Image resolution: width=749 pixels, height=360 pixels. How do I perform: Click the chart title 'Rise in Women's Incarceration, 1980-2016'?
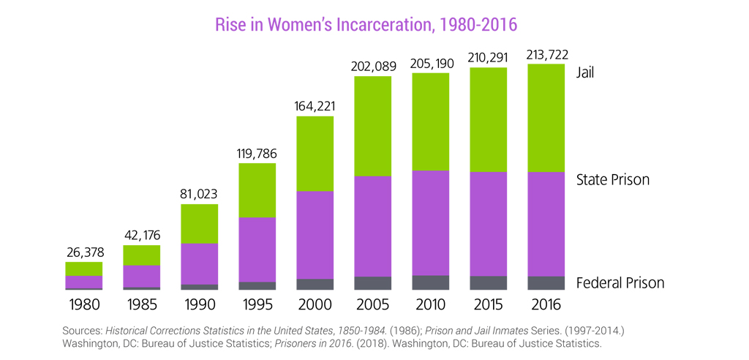pyautogui.click(x=366, y=23)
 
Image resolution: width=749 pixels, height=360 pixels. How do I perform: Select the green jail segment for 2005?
pyautogui.click(x=373, y=126)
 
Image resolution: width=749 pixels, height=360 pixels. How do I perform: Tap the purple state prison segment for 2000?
pyautogui.click(x=315, y=234)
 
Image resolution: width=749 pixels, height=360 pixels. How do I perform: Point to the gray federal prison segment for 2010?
pyautogui.click(x=431, y=282)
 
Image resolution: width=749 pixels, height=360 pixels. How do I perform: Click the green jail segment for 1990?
pyautogui.click(x=200, y=223)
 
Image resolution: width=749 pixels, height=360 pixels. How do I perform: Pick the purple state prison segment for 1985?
pyautogui.click(x=142, y=276)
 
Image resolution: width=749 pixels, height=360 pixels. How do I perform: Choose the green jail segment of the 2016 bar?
pyautogui.click(x=546, y=118)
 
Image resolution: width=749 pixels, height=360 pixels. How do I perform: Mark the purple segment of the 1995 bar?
pyautogui.click(x=257, y=250)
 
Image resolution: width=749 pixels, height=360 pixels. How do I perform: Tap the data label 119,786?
pyautogui.click(x=257, y=154)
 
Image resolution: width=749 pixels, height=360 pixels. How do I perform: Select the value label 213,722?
pyautogui.click(x=546, y=55)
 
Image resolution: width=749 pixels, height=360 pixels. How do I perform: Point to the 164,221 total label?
pyautogui.click(x=315, y=107)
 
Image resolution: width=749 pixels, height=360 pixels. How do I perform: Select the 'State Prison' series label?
pyautogui.click(x=613, y=179)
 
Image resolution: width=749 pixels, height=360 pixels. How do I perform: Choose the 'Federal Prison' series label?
pyautogui.click(x=620, y=283)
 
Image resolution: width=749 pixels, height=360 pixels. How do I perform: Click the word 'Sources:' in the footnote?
pyautogui.click(x=82, y=331)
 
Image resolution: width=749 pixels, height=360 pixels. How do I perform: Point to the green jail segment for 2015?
pyautogui.click(x=489, y=119)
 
